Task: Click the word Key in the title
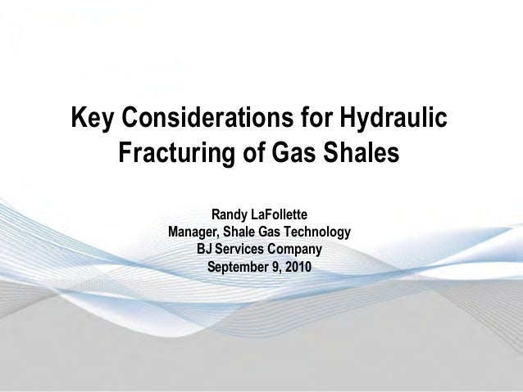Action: [x=93, y=119]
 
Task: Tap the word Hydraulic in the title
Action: [x=393, y=119]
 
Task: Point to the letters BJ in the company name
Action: [x=206, y=250]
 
